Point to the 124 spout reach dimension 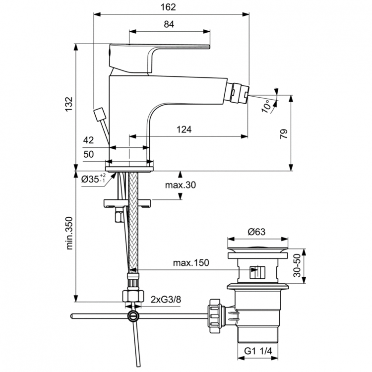184,130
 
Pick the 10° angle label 267,105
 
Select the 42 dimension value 89,140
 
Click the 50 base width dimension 89,154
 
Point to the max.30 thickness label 181,185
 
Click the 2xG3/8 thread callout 166,299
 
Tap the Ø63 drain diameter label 257,231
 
